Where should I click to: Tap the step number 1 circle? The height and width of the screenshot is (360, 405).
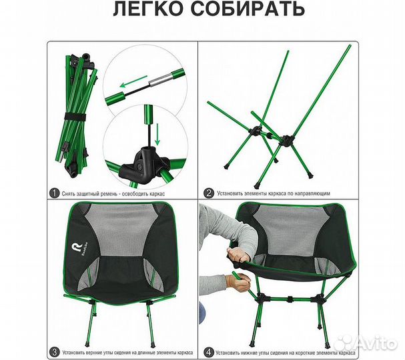point(55,193)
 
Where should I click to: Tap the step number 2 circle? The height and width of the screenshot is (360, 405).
point(209,193)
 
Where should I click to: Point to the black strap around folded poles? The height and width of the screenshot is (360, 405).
point(77,119)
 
